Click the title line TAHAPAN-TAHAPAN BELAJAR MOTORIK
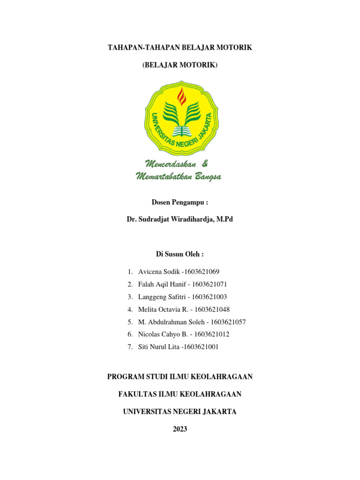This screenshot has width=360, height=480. (x=180, y=48)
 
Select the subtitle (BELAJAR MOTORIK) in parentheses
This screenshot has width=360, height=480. (x=180, y=66)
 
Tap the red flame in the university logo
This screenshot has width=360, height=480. (x=181, y=97)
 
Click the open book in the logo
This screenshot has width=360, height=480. (x=181, y=130)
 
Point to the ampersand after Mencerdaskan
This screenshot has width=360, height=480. (x=204, y=164)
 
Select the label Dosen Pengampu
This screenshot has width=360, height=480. (x=180, y=202)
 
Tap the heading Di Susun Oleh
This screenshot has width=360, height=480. (x=180, y=254)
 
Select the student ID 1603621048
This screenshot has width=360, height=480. (x=212, y=309)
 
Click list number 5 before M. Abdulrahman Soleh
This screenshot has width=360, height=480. (x=130, y=322)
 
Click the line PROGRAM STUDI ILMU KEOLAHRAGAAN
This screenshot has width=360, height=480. (x=180, y=377)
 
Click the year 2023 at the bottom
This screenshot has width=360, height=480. (x=180, y=429)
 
